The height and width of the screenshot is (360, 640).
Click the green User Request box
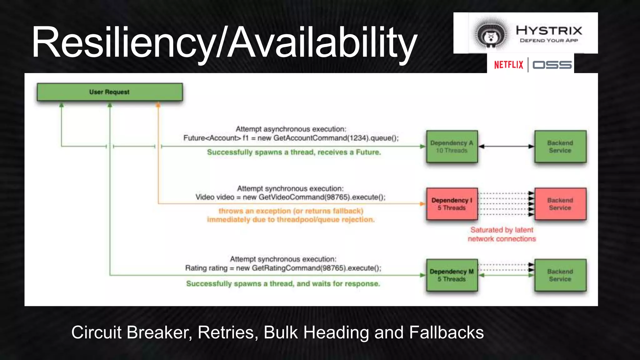click(x=109, y=92)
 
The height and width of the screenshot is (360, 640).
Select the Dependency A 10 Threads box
click(x=452, y=147)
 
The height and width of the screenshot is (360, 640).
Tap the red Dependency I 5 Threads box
click(x=452, y=204)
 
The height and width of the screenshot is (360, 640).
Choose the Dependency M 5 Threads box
click(x=452, y=275)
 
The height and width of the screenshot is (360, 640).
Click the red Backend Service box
click(x=560, y=204)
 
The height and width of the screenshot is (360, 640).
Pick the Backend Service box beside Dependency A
click(x=560, y=147)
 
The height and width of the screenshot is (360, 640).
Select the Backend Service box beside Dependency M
click(x=560, y=275)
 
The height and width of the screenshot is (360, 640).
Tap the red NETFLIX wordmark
click(x=508, y=65)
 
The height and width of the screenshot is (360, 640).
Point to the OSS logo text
click(x=552, y=65)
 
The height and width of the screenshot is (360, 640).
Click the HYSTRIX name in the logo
click(x=549, y=30)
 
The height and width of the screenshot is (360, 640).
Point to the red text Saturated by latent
click(x=502, y=230)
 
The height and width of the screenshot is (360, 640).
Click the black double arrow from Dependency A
click(x=506, y=147)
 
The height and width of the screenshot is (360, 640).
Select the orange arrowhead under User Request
click(x=158, y=105)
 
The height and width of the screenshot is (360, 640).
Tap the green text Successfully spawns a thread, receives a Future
click(x=294, y=152)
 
